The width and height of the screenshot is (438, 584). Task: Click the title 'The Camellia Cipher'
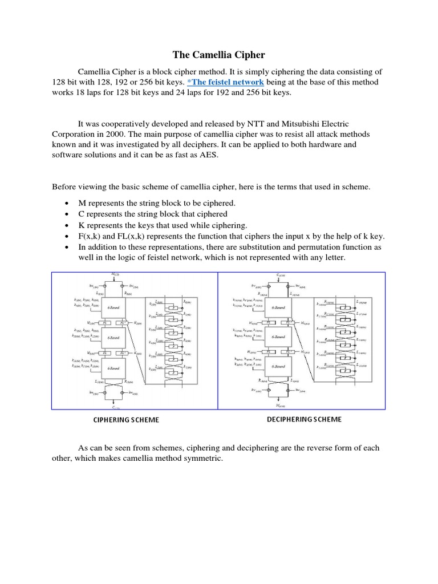pyautogui.click(x=219, y=55)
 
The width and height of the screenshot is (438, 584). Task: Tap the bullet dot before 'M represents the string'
pyautogui.click(x=68, y=204)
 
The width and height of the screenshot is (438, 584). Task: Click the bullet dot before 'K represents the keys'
pyautogui.click(x=68, y=225)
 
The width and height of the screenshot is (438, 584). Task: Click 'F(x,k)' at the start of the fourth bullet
pyautogui.click(x=91, y=236)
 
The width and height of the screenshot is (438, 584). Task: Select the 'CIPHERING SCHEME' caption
pyautogui.click(x=126, y=420)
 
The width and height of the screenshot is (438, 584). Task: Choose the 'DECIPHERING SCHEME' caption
pyautogui.click(x=304, y=419)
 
